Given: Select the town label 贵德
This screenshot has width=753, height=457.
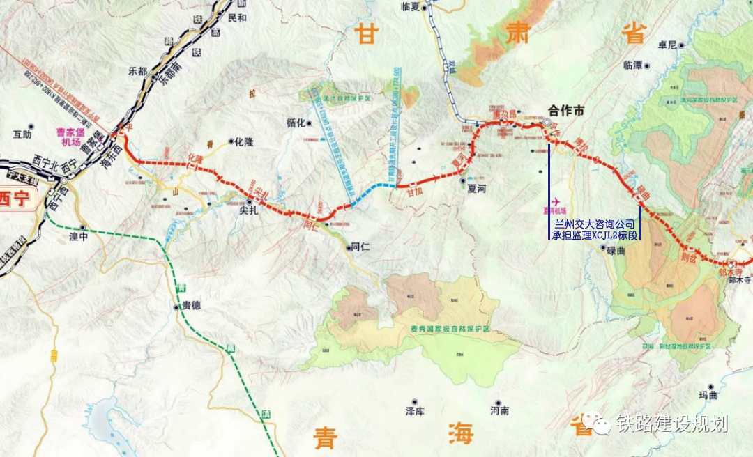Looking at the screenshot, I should point(190,305).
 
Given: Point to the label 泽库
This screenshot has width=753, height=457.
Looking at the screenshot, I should point(415,412).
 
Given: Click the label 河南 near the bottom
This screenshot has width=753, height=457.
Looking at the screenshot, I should point(499,412).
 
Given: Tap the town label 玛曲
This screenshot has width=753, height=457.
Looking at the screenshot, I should point(708,395).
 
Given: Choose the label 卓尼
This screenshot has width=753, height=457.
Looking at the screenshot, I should point(667,45).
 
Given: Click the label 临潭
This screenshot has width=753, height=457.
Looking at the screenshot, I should point(633,65).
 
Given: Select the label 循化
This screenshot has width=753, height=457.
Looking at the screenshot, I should point(296,123).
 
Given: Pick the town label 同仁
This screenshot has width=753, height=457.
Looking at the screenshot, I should point(360,247).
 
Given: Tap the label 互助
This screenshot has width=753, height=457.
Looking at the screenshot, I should point(22,134).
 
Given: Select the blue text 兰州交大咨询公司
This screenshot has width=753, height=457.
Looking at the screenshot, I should point(594,224).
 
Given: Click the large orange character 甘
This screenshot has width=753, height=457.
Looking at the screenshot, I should point(366,33).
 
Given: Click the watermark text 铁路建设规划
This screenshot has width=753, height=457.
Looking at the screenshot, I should point(671,424).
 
